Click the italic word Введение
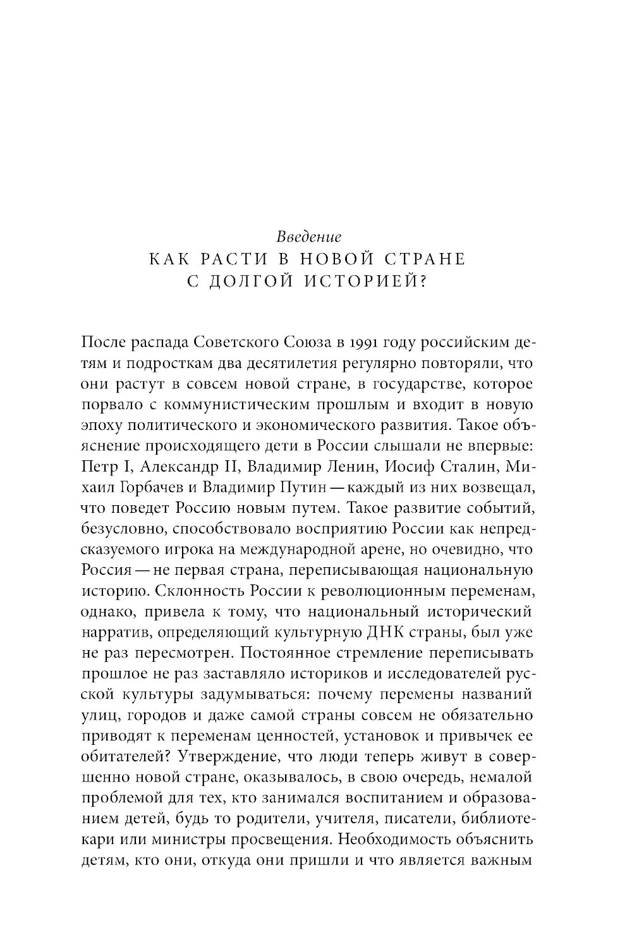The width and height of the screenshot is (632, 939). pos(309,237)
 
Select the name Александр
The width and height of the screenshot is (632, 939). pos(181,467)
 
